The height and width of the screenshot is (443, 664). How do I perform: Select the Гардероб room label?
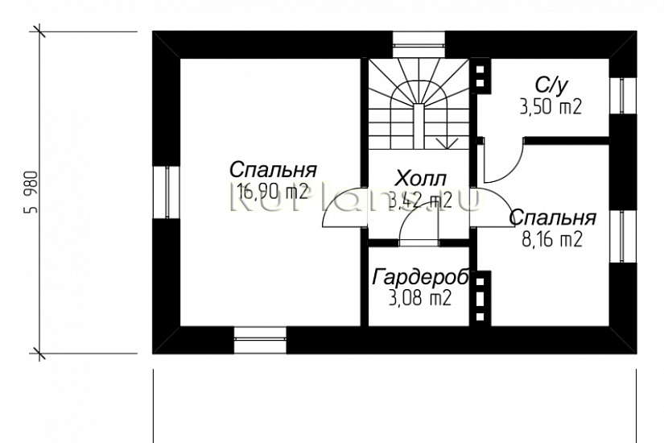pyautogui.click(x=421, y=278)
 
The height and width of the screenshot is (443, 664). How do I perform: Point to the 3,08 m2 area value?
pyautogui.click(x=420, y=299)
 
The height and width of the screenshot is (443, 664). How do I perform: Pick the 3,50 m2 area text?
pyautogui.click(x=552, y=106)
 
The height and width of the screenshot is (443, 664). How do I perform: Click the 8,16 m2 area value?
pyautogui.click(x=551, y=239)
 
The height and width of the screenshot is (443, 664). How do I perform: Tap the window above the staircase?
pyautogui.click(x=419, y=43)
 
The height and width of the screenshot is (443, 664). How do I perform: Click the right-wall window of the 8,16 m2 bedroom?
pyautogui.click(x=623, y=237)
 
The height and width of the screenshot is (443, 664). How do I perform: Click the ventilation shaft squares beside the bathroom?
pyautogui.click(x=481, y=77)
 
